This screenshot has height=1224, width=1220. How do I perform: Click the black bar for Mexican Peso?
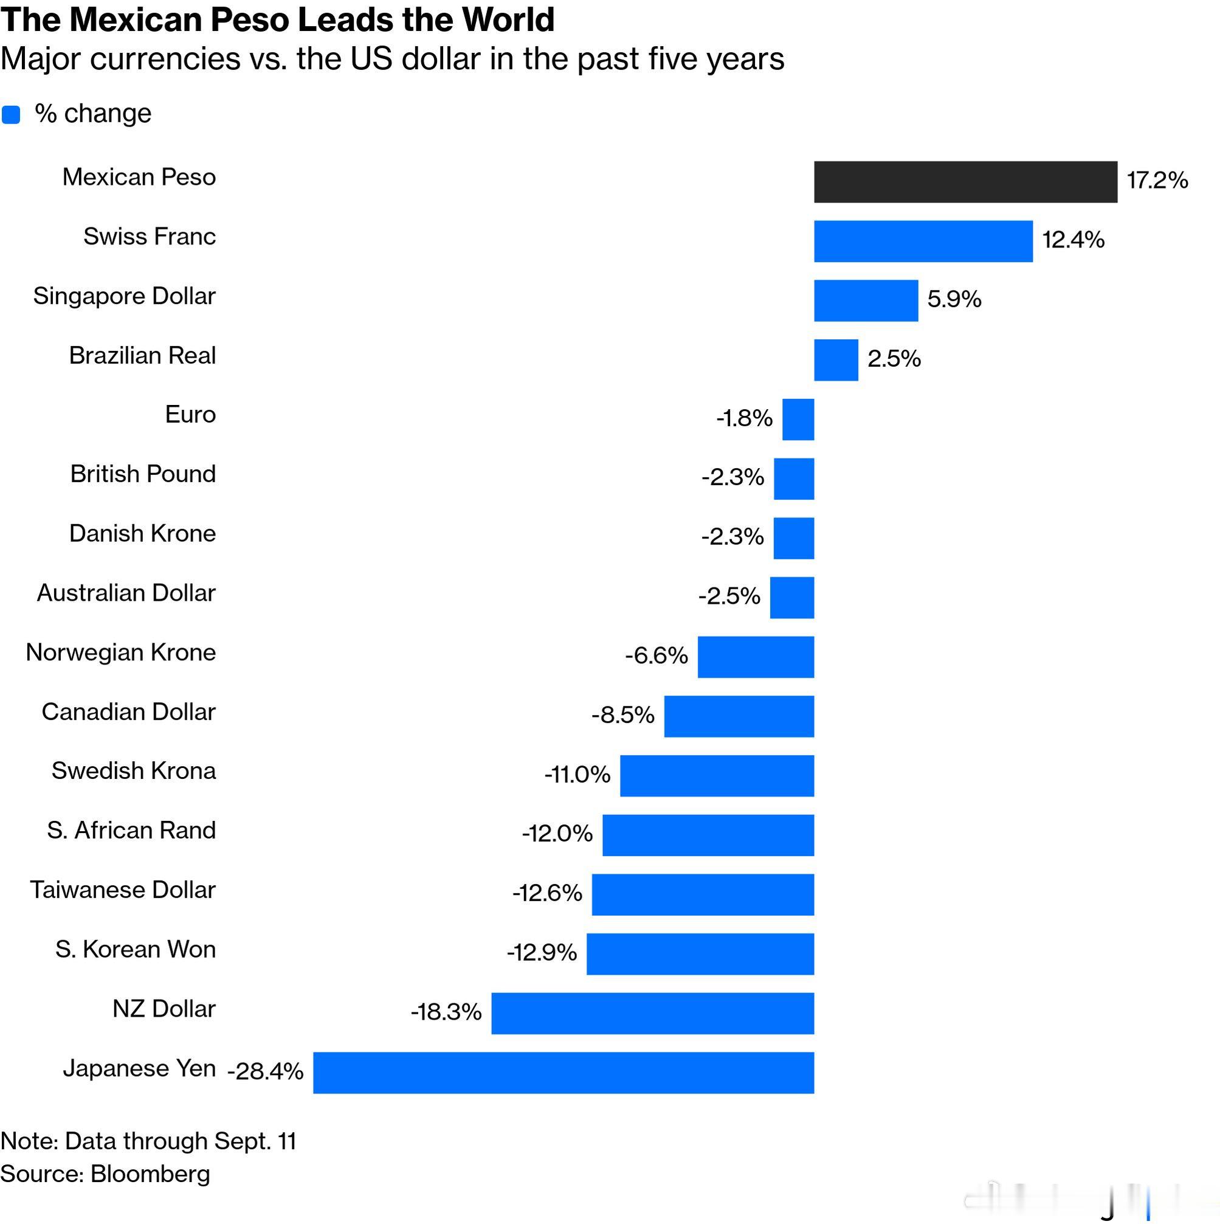(x=965, y=182)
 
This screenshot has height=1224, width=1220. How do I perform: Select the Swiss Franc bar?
(x=923, y=241)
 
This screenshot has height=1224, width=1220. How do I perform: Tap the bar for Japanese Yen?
(x=563, y=1073)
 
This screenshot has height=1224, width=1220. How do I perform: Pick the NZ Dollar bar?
(x=652, y=1014)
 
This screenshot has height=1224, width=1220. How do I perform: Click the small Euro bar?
(x=798, y=420)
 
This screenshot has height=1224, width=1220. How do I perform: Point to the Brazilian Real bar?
(x=836, y=360)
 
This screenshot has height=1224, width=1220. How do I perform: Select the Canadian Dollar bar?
(x=739, y=716)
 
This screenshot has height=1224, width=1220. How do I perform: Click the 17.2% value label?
(x=1157, y=181)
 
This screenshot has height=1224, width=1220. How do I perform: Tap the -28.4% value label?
(x=266, y=1071)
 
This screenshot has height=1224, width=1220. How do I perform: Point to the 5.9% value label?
(x=954, y=299)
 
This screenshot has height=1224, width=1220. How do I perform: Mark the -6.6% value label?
(x=657, y=655)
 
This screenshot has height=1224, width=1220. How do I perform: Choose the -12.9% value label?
(x=542, y=953)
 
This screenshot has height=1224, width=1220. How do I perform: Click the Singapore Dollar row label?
(x=124, y=297)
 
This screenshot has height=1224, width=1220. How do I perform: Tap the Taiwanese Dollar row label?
(x=123, y=890)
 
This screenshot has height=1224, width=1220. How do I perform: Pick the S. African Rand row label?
(x=131, y=831)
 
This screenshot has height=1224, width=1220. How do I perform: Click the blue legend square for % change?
(x=12, y=115)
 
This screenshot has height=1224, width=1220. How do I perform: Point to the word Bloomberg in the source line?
(x=150, y=1174)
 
